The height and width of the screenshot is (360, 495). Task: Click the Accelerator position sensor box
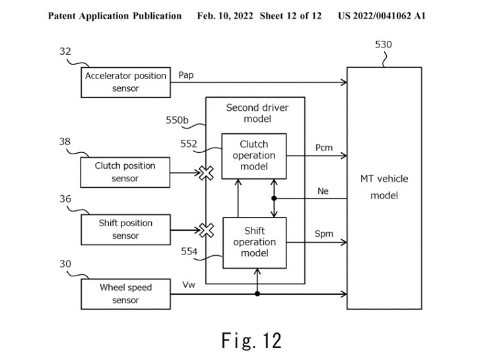[x=125, y=82]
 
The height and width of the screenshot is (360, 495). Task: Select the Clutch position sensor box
[x=125, y=172]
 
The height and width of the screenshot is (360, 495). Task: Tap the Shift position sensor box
[x=125, y=229]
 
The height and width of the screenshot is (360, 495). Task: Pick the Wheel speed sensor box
[x=125, y=293]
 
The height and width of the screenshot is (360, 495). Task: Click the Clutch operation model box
[x=253, y=156]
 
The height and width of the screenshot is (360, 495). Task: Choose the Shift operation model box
[x=254, y=243]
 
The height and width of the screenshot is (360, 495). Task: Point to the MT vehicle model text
[x=384, y=187]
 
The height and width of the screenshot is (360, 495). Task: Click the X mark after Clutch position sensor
[x=207, y=173]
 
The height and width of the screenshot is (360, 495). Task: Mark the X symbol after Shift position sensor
[x=207, y=230]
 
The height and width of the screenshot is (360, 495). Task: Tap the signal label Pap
[x=186, y=75]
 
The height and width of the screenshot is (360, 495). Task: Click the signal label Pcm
[x=323, y=148]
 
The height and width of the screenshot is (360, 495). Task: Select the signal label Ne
[x=323, y=191]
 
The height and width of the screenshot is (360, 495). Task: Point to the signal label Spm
[x=323, y=234]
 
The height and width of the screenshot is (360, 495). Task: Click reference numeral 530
[x=383, y=44]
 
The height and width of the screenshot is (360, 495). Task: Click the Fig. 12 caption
[x=251, y=340]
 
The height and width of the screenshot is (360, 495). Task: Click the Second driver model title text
[x=257, y=113]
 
